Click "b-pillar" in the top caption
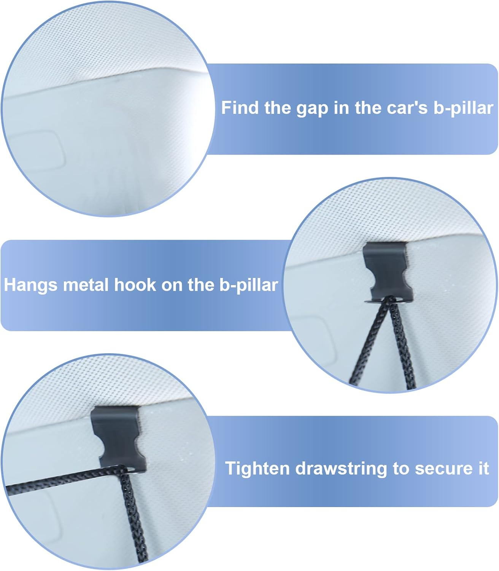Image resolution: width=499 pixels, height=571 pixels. (x=463, y=108)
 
